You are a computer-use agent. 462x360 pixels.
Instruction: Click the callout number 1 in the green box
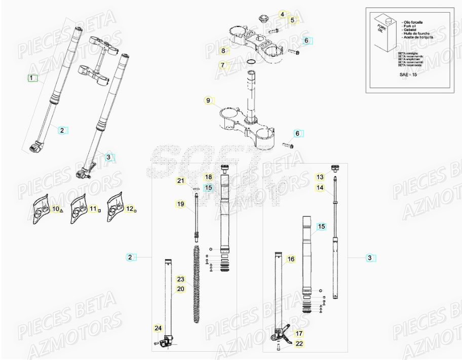[32, 78]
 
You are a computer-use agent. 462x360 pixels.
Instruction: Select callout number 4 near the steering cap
[282, 15]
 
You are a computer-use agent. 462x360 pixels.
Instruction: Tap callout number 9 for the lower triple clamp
[208, 100]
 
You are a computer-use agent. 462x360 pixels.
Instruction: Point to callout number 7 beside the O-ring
[222, 65]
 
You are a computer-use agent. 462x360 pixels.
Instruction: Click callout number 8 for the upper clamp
[222, 51]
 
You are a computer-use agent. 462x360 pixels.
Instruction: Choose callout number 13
[320, 177]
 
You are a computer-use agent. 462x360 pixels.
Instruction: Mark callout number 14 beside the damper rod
[320, 188]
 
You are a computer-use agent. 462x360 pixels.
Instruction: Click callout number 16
[290, 259]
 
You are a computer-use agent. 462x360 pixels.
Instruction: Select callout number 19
[180, 204]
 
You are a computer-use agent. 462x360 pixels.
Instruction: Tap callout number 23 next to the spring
[180, 279]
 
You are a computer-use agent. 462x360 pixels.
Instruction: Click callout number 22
[298, 344]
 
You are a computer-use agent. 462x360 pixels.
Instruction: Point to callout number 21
[180, 181]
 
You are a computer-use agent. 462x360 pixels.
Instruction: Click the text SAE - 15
[408, 75]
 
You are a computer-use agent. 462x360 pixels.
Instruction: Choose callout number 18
[208, 177]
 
